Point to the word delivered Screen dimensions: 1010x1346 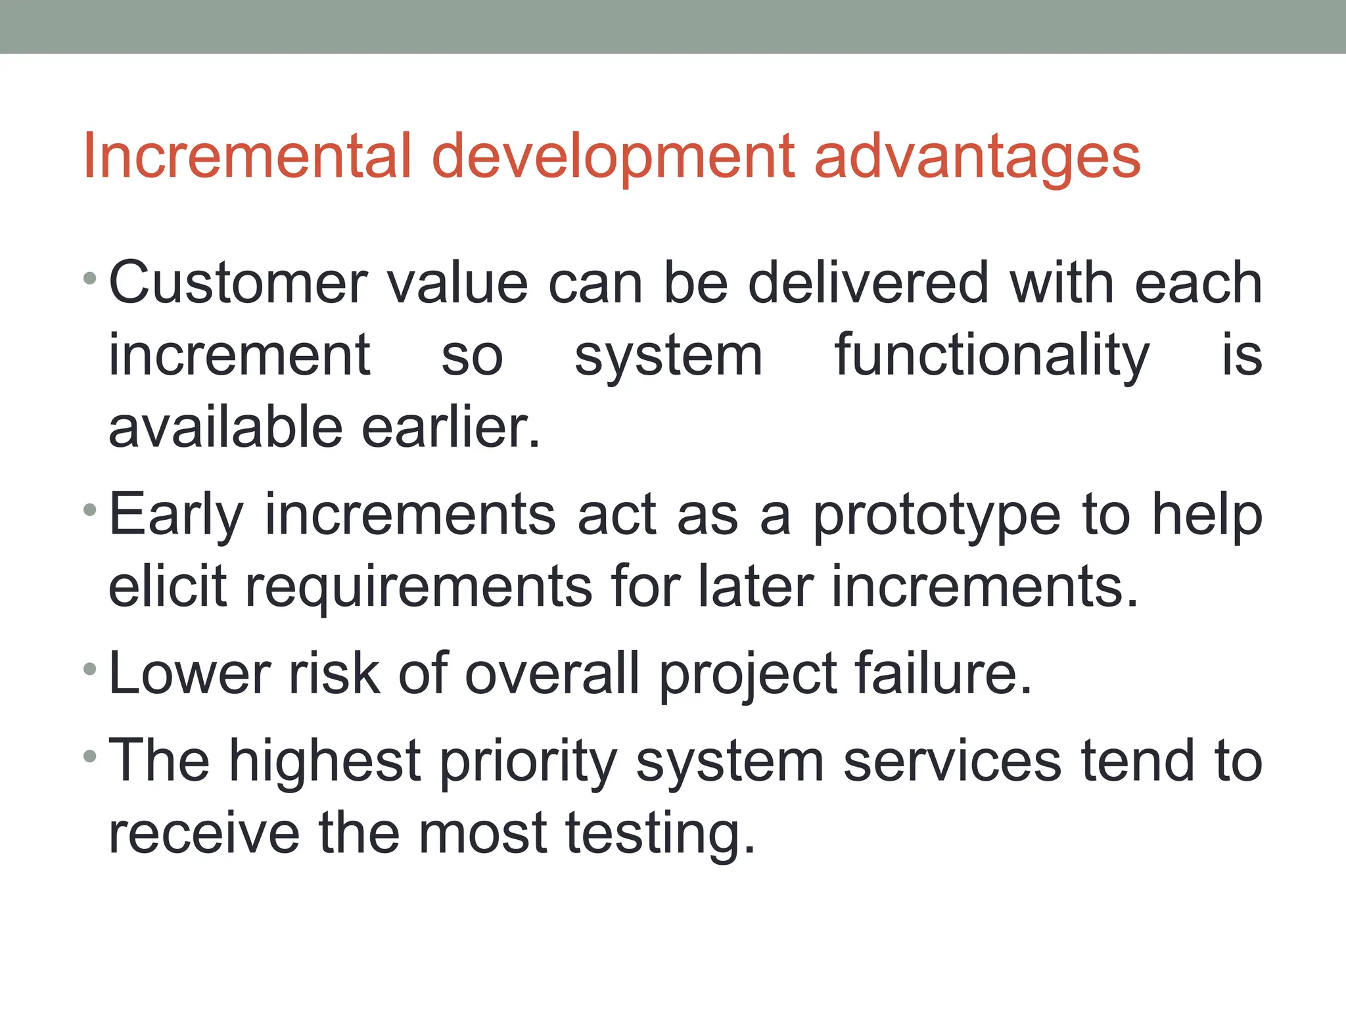click(x=868, y=283)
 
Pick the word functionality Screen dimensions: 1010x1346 click(x=992, y=356)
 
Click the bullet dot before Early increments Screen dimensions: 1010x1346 click(x=91, y=510)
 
